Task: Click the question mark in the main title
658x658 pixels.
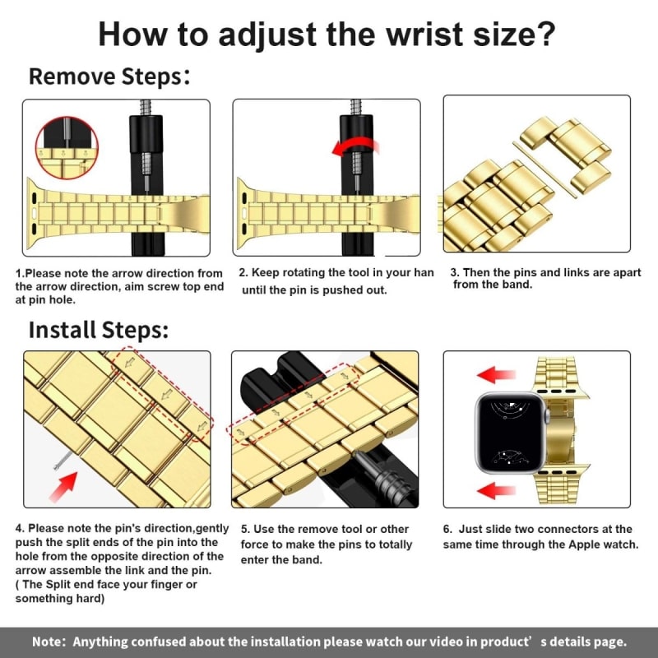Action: point(544,34)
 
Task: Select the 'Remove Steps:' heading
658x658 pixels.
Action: point(109,77)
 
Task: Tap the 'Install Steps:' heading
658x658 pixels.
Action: point(99,330)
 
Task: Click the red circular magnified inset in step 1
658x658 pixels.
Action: point(67,148)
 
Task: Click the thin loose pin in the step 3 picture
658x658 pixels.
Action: point(544,169)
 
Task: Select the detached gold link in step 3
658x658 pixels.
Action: point(566,152)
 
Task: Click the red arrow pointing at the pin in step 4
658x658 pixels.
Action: point(64,486)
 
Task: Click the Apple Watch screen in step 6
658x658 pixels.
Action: point(509,433)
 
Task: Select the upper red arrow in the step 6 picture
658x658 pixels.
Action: point(496,375)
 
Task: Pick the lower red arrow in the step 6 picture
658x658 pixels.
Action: point(496,490)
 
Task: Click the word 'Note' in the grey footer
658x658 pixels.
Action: point(46,642)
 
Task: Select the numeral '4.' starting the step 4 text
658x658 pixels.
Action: point(20,528)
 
